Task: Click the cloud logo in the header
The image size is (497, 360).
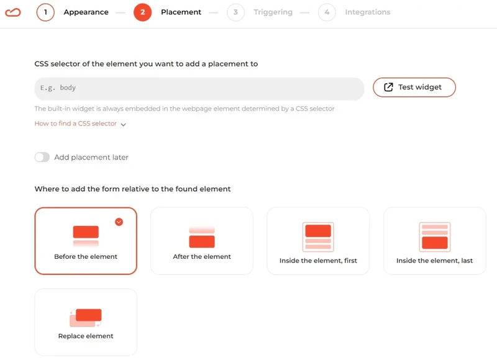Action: [x=13, y=12]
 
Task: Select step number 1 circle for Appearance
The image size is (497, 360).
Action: [x=45, y=12]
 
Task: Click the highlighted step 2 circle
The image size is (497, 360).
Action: [x=142, y=12]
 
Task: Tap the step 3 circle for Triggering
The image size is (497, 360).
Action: [x=235, y=12]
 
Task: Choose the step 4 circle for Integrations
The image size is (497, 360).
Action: [x=327, y=12]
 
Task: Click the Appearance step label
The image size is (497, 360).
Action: [x=86, y=12]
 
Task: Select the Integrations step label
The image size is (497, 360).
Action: [x=367, y=12]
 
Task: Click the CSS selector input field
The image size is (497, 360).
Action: [x=199, y=89]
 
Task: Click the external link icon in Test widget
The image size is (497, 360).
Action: [x=388, y=88]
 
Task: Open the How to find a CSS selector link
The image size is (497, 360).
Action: [x=76, y=124]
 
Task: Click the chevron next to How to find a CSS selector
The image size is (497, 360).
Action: [x=123, y=125]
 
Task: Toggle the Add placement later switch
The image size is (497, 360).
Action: [x=42, y=158]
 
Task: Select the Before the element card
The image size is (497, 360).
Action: [x=86, y=241]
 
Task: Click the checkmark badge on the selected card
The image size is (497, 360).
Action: [x=119, y=222]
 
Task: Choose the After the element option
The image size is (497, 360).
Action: [x=202, y=241]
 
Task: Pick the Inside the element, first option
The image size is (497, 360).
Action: [x=318, y=241]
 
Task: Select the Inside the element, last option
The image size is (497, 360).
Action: [x=434, y=241]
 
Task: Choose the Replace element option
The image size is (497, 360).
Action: [x=86, y=322]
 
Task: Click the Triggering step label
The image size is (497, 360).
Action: [x=273, y=12]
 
